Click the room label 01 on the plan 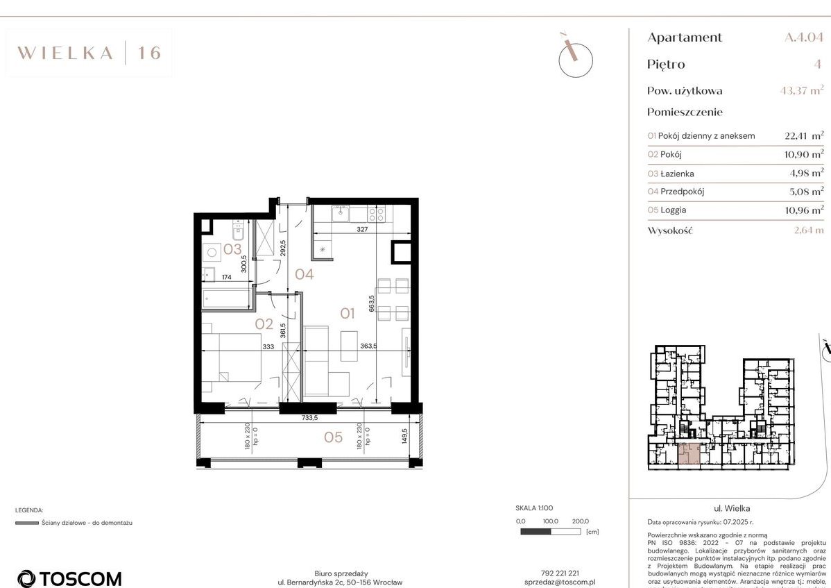click(348, 314)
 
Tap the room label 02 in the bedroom click(264, 324)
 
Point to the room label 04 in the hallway click(304, 274)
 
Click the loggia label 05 click(334, 437)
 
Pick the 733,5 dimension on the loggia click(309, 419)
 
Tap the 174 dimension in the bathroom click(226, 278)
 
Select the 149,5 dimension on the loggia click(404, 439)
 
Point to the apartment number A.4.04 click(804, 37)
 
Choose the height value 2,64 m click(808, 230)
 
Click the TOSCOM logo click(69, 578)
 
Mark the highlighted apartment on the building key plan click(688, 454)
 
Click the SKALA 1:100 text click(534, 508)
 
